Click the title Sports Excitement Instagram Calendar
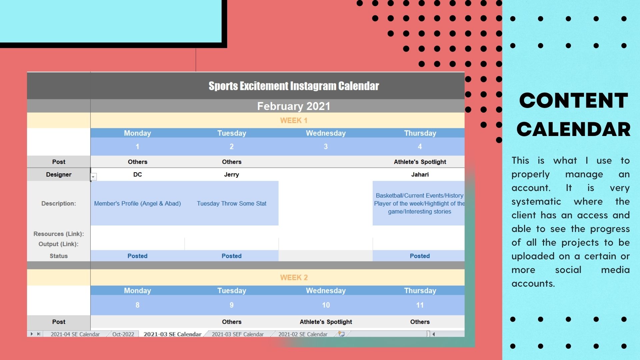(x=294, y=86)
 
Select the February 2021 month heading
(x=294, y=106)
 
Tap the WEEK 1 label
(x=294, y=121)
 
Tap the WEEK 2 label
(x=294, y=278)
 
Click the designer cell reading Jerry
(x=231, y=175)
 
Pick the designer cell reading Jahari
(x=420, y=175)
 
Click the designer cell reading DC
(x=137, y=175)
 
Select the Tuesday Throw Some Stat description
(x=231, y=204)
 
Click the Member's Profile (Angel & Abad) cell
(x=137, y=204)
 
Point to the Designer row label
(x=59, y=175)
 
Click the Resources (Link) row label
(x=59, y=234)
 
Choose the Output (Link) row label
(x=59, y=244)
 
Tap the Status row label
(x=59, y=256)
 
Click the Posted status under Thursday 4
(x=420, y=256)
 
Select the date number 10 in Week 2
(x=326, y=305)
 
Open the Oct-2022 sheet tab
(x=123, y=334)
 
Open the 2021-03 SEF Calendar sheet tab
(x=238, y=334)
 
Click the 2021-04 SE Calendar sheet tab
(x=75, y=334)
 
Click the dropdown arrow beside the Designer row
(x=93, y=177)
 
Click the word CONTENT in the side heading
(x=574, y=101)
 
